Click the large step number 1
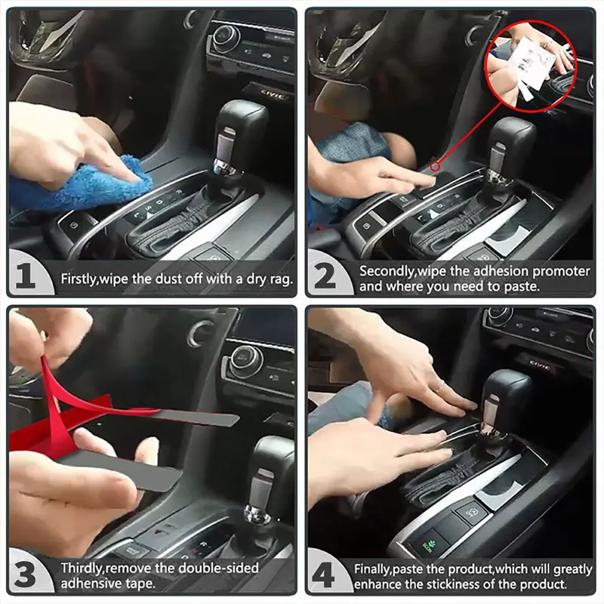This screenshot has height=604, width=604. [x=26, y=277]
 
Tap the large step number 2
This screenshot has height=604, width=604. [x=325, y=277]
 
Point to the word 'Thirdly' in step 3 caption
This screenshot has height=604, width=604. [x=84, y=568]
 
